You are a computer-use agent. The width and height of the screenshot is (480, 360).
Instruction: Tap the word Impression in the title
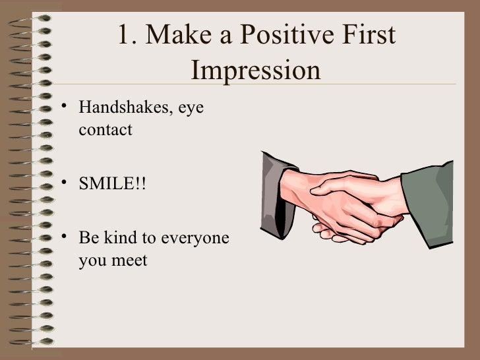point(257,71)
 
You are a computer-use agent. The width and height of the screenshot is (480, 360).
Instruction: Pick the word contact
point(105,130)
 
